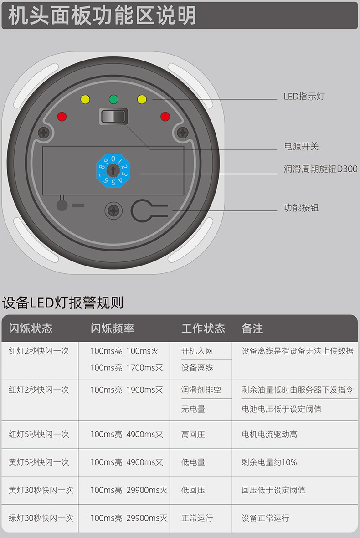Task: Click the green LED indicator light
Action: click(x=113, y=99)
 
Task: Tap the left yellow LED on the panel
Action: click(x=85, y=99)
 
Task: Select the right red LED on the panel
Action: click(x=165, y=117)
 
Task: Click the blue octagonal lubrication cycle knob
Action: click(x=113, y=170)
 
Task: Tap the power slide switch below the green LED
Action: click(x=113, y=116)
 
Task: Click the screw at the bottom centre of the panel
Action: click(x=113, y=210)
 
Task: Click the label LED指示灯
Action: click(x=304, y=97)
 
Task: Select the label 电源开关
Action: click(x=301, y=147)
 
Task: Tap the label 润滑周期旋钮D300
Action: click(x=320, y=169)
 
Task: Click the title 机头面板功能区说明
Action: click(x=102, y=15)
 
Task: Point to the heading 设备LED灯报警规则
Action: click(x=63, y=302)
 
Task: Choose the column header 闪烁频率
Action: click(x=112, y=328)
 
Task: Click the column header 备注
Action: click(x=252, y=328)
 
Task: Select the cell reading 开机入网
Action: click(x=197, y=351)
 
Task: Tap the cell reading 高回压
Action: click(x=193, y=435)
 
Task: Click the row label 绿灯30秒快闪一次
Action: click(x=41, y=518)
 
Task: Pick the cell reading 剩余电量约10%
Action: click(x=269, y=462)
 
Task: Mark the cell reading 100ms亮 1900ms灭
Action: click(x=127, y=390)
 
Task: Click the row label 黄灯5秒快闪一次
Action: click(x=39, y=462)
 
